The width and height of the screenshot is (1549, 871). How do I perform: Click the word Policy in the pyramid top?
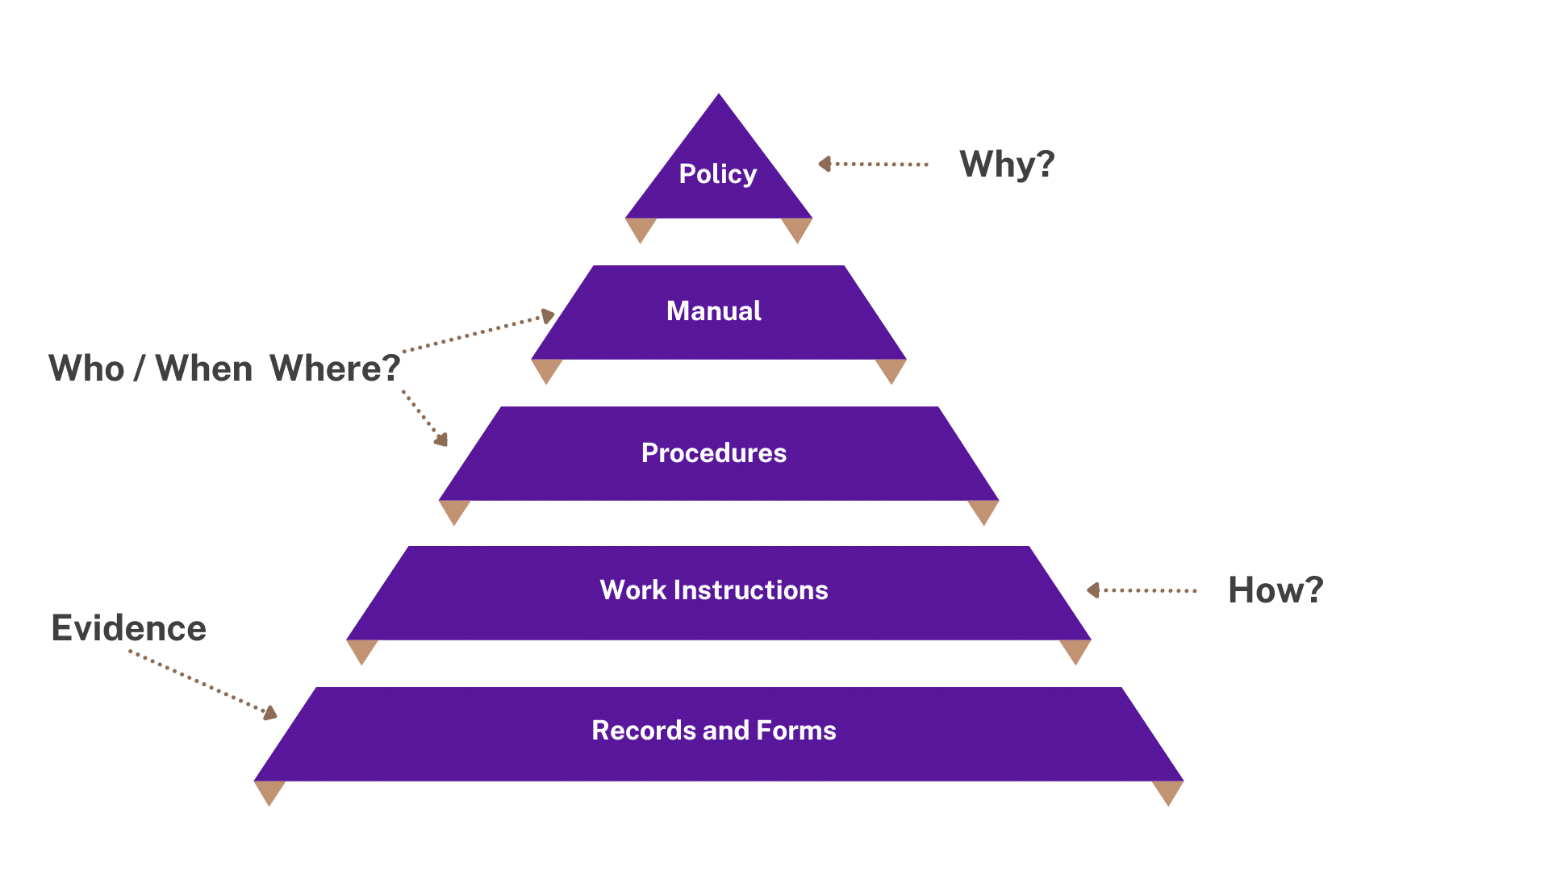[717, 174]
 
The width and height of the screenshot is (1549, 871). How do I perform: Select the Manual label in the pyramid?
[713, 311]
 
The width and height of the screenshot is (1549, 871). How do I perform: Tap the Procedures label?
[713, 453]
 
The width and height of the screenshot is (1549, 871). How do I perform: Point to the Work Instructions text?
[713, 590]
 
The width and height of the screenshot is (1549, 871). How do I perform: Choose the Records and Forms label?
[713, 731]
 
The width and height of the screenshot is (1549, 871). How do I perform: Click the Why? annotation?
[1007, 165]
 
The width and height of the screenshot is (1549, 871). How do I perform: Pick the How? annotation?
[1275, 590]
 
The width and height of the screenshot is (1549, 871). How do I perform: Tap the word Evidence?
[128, 628]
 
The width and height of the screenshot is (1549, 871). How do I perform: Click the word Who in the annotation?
[86, 369]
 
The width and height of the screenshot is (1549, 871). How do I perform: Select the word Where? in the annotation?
[335, 369]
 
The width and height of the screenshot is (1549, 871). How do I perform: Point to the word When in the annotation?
[204, 369]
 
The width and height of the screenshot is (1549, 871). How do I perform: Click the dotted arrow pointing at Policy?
[873, 165]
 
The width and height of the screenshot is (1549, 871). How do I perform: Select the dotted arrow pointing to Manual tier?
[480, 332]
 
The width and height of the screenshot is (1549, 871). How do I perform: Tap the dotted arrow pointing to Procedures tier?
[424, 417]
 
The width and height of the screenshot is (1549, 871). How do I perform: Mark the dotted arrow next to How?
[1142, 590]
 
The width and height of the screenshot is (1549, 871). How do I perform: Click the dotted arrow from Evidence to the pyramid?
[203, 683]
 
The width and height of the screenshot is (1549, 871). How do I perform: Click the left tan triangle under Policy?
[641, 229]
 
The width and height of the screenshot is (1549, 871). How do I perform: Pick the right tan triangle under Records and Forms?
[1167, 792]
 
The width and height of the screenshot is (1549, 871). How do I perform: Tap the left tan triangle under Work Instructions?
[362, 651]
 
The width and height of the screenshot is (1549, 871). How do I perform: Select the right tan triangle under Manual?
[891, 370]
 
